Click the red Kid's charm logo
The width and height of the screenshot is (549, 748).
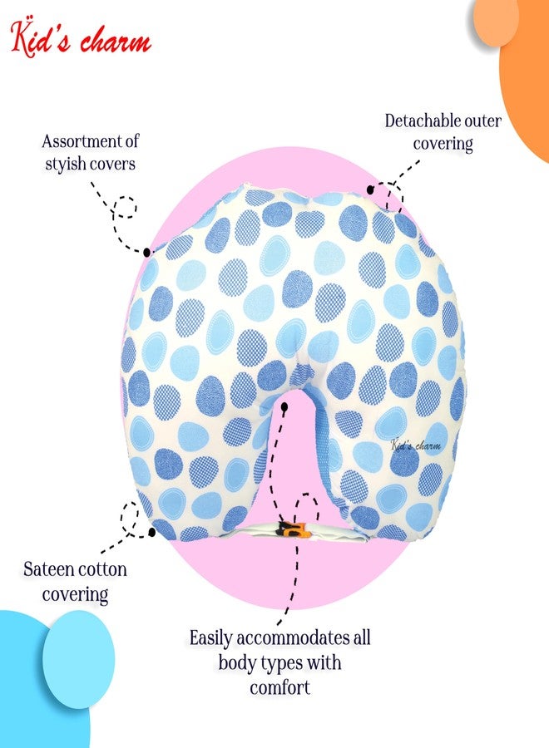81,38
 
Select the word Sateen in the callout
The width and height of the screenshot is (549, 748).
47,569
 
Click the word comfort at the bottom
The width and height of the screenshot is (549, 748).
279,687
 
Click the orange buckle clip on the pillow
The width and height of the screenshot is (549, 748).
292,529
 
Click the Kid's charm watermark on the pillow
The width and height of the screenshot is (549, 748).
415,445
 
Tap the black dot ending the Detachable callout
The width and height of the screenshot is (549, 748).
370,189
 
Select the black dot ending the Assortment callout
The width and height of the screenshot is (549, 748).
147,251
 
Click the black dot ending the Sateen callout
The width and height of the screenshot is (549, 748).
152,531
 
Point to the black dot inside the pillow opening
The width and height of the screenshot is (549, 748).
284,407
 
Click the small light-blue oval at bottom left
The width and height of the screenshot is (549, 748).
79,659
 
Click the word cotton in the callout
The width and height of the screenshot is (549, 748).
101,569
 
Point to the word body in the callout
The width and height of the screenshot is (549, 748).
237,663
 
